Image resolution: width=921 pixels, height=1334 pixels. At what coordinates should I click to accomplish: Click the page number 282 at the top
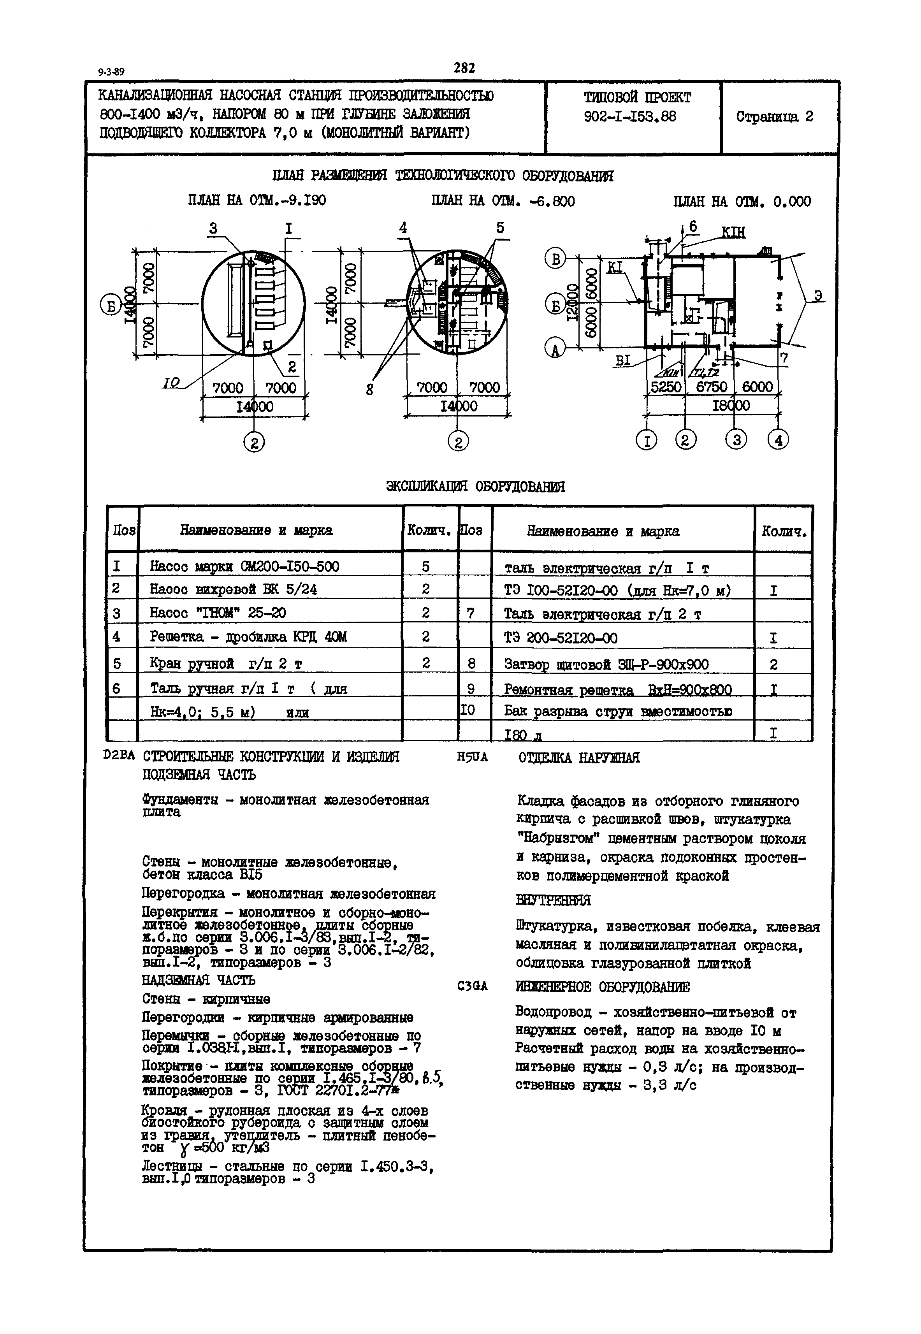464,68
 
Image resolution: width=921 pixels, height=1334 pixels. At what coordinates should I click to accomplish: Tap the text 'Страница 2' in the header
774,116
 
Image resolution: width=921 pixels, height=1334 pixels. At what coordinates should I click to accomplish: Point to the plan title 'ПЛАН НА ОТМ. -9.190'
257,200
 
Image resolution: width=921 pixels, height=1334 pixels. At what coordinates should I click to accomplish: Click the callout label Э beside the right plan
818,295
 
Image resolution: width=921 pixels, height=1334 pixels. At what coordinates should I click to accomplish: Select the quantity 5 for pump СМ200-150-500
425,567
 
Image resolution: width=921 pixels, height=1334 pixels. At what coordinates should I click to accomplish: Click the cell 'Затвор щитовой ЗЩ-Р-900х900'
606,665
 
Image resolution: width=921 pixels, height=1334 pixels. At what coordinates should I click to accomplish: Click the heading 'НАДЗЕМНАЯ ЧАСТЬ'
199,980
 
